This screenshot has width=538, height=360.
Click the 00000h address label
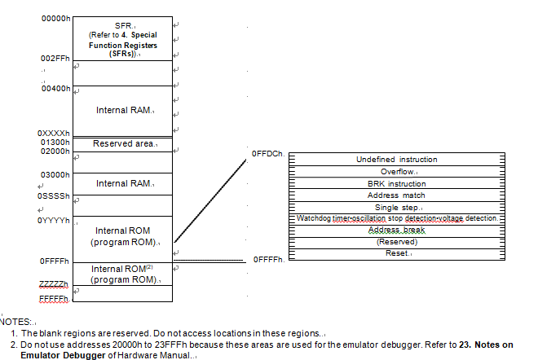pos(55,19)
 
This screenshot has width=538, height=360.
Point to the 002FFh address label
pos(55,59)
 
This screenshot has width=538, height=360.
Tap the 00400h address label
pos(55,89)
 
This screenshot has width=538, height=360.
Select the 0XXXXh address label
pos(54,133)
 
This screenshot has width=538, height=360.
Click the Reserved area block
pos(122,145)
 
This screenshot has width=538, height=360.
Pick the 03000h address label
pos(55,175)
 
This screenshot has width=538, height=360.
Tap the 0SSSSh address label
pos(54,196)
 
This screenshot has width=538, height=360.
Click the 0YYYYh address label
pos(54,221)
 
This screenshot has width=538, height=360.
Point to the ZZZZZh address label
pos(54,284)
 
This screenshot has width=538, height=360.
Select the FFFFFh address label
pos(54,299)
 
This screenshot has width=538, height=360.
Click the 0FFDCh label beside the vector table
pos(268,154)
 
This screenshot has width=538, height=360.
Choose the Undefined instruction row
pos(397,160)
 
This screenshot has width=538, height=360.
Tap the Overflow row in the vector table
pos(397,171)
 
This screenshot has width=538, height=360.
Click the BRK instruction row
pos(397,183)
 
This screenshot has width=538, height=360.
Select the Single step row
pos(397,208)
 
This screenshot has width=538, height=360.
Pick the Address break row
pos(397,230)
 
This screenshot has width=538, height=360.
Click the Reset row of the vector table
pos(397,254)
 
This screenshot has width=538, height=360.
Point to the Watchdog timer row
pos(397,218)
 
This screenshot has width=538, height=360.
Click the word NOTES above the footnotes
pos(15,322)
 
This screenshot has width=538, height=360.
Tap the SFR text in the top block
pos(123,26)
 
